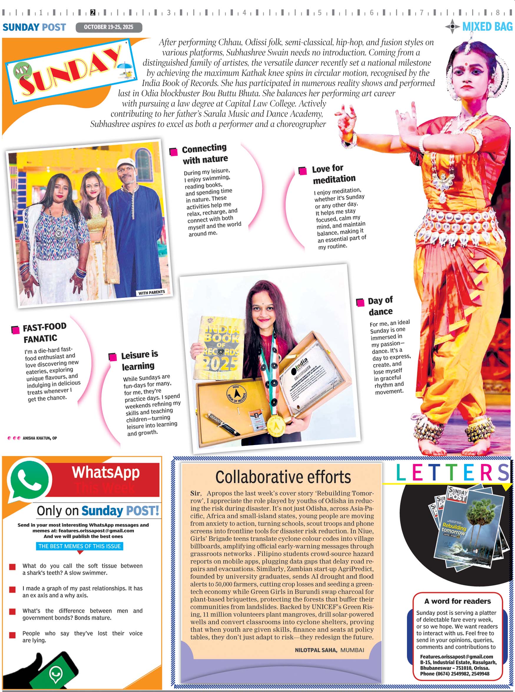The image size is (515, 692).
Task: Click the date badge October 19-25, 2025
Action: point(108,27)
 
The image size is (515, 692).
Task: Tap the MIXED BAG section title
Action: point(487,27)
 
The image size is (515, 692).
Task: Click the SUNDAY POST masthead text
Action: point(34,27)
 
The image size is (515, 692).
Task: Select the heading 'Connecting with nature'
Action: point(205,154)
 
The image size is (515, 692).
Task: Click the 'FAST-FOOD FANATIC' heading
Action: point(44,332)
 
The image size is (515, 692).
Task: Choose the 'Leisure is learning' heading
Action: point(139,360)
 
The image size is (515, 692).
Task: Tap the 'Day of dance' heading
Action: point(380,306)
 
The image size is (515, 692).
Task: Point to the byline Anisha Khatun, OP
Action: point(39,438)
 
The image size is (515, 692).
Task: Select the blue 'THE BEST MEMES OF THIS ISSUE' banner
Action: point(80,546)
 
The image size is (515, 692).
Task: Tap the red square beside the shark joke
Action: point(12,567)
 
